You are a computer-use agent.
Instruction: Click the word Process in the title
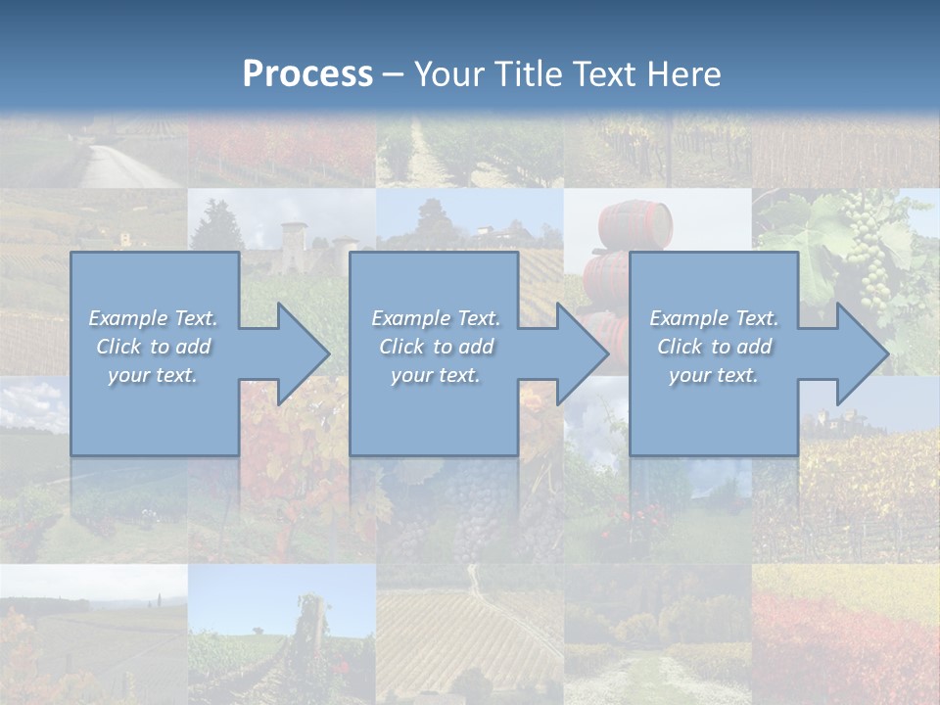[x=307, y=74]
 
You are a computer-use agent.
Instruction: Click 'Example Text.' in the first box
[x=153, y=318]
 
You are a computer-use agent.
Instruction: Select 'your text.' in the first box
[x=153, y=375]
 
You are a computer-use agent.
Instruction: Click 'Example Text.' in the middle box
[x=436, y=318]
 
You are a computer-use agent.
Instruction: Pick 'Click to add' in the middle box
[x=436, y=347]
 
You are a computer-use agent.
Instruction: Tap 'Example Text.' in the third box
[x=714, y=318]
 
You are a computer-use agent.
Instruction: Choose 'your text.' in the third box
[x=714, y=375]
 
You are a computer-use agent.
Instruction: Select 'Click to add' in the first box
[x=153, y=347]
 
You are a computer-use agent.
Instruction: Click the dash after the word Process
[x=393, y=75]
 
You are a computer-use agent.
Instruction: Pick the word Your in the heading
[x=447, y=74]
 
